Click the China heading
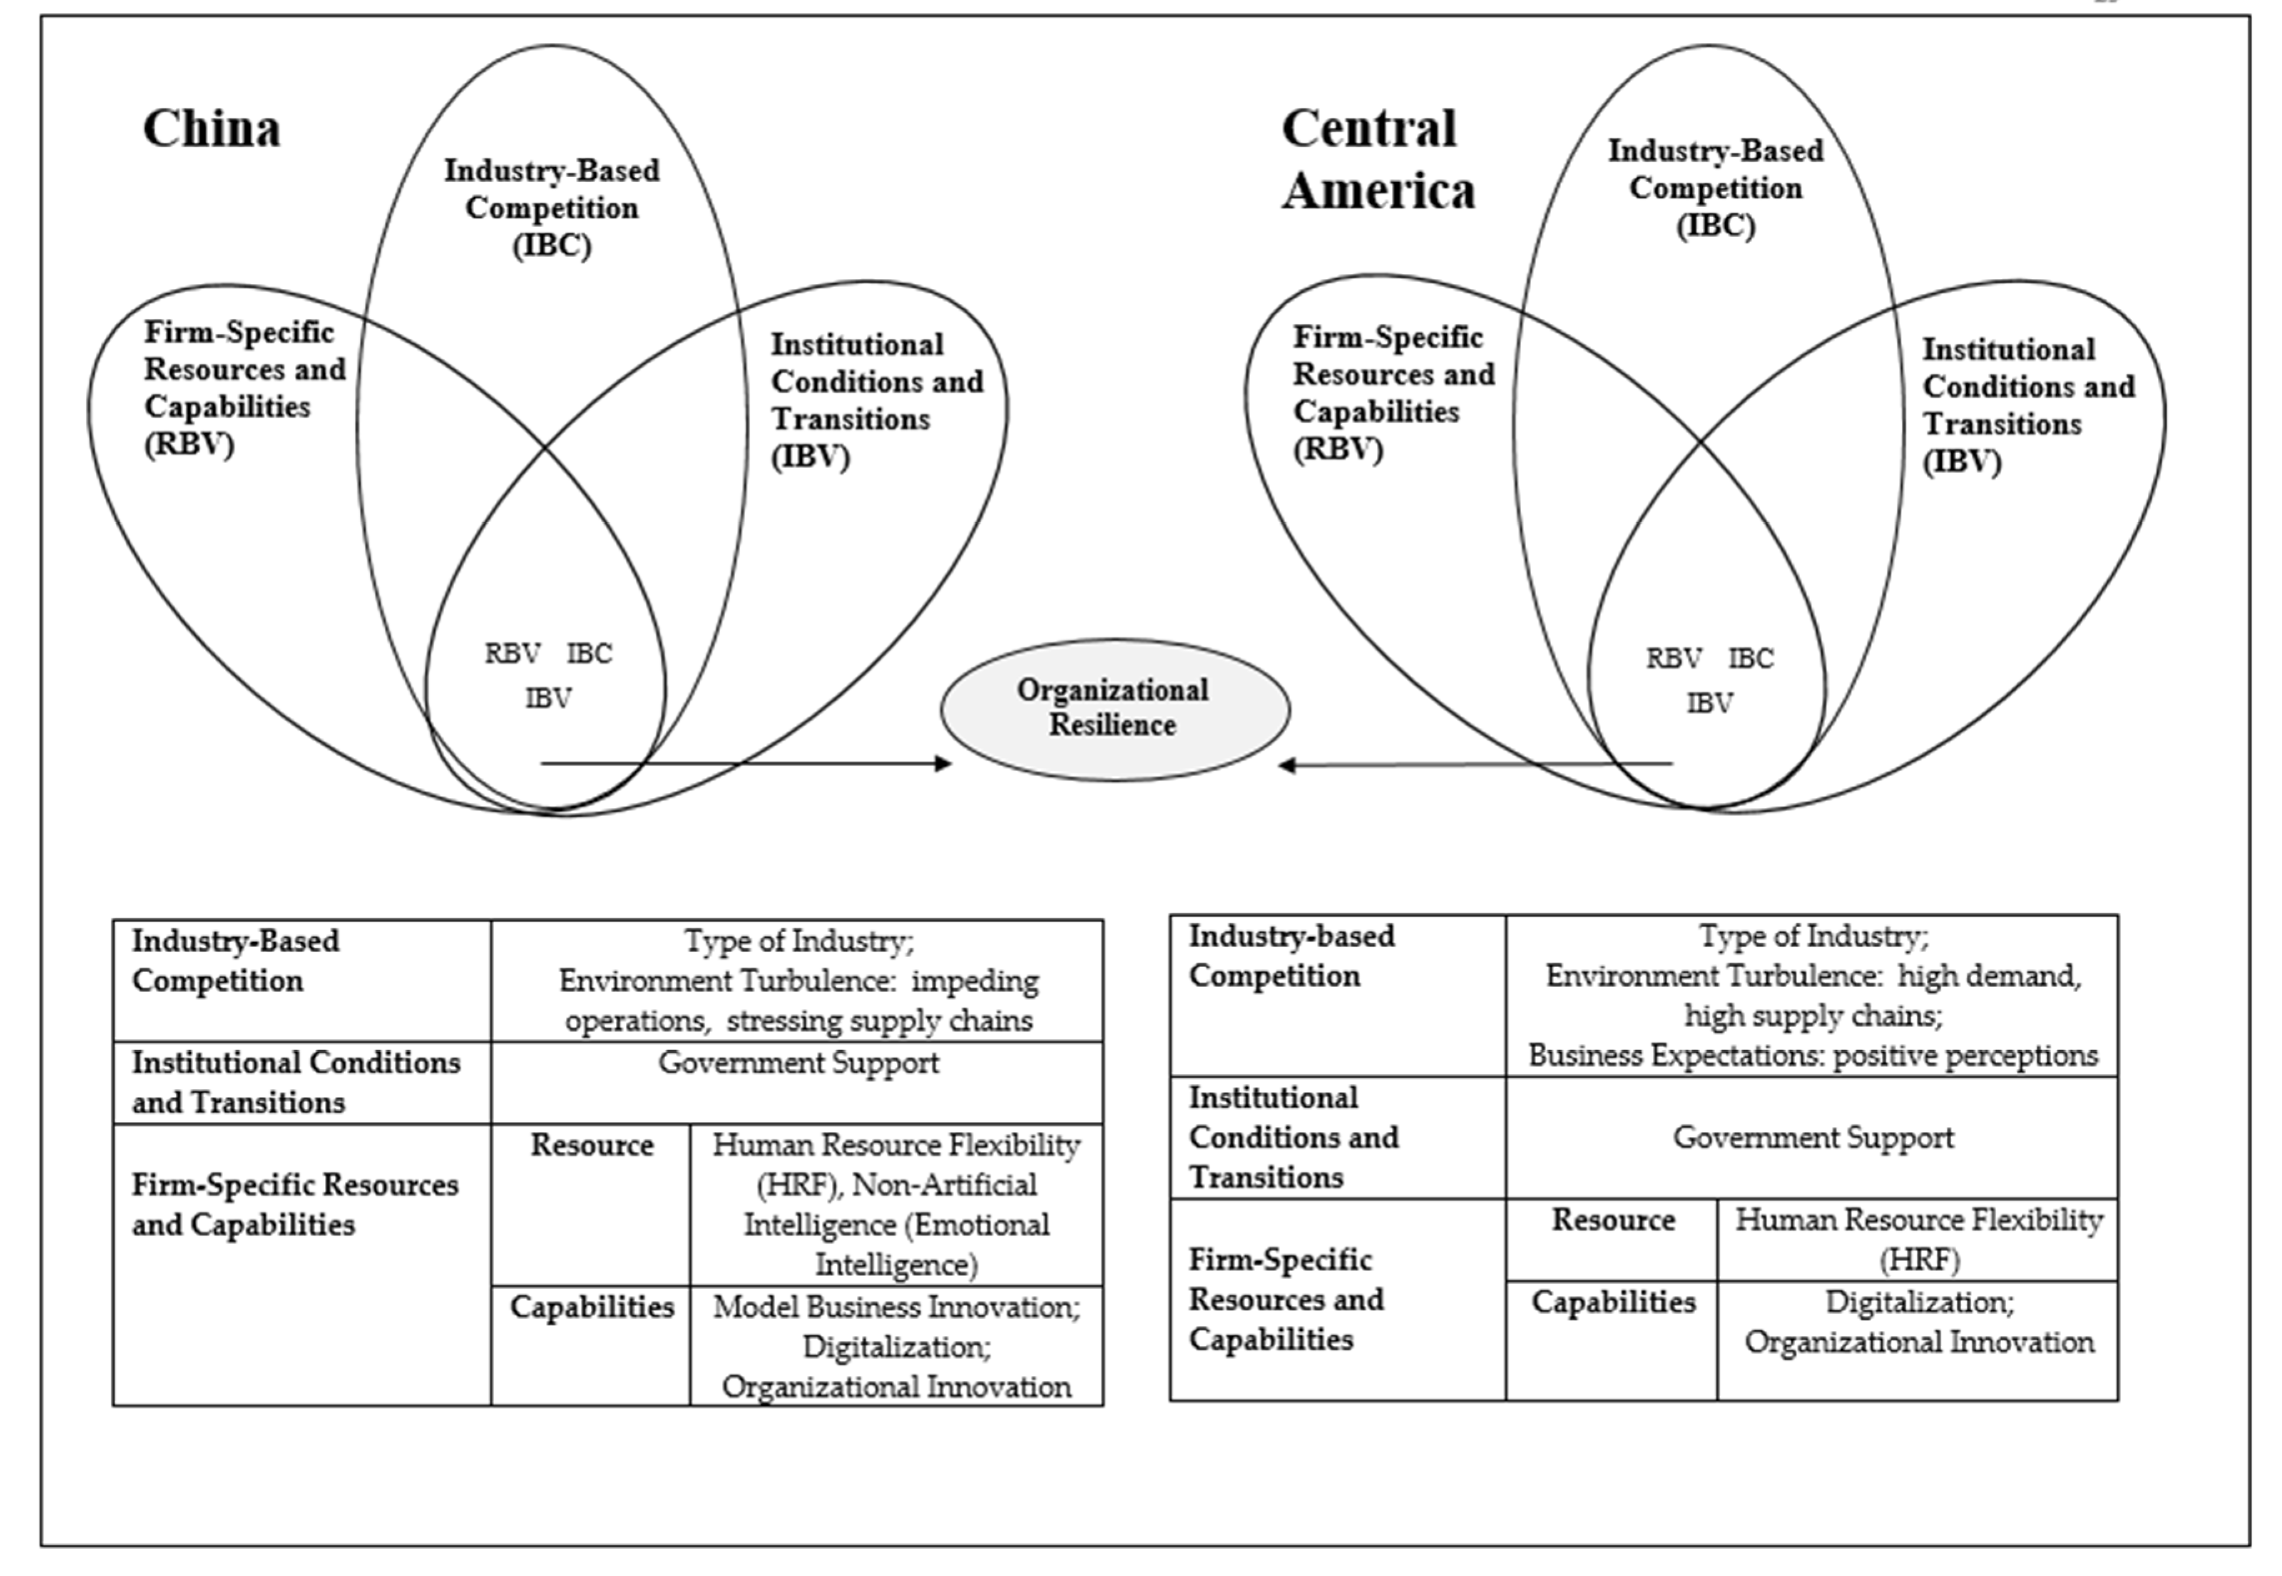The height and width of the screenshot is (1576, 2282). click(211, 129)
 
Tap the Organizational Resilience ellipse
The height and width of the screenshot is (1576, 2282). click(1114, 708)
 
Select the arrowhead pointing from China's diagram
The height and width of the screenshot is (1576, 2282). click(943, 763)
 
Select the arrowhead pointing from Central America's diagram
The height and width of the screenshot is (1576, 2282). click(1287, 765)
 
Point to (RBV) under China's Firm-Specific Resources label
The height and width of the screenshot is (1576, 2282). click(189, 444)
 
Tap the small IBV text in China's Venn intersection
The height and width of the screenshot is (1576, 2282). click(548, 698)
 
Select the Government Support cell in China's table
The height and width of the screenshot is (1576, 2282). click(798, 1064)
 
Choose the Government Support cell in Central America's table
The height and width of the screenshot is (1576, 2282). click(1812, 1137)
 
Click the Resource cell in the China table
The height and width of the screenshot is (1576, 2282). click(592, 1146)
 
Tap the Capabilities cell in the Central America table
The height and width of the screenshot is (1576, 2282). click(1612, 1302)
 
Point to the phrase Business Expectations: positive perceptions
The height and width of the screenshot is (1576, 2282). click(1812, 1056)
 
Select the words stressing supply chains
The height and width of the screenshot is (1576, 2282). click(879, 1020)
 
